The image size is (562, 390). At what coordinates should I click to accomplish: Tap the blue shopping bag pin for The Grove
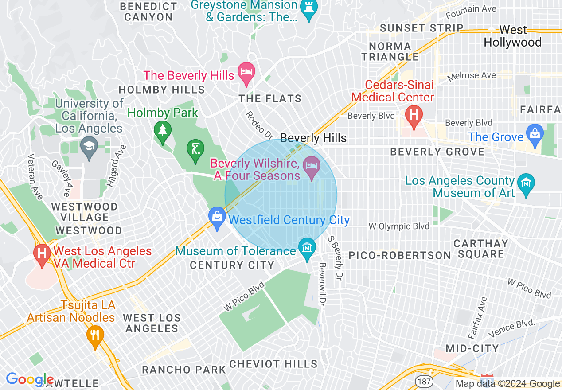point(535,134)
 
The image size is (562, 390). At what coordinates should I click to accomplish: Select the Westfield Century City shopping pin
point(217,218)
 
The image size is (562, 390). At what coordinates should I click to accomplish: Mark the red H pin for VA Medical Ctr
point(42,255)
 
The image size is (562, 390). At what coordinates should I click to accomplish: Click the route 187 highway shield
point(422,381)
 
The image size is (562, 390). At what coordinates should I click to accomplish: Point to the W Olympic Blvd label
point(399,226)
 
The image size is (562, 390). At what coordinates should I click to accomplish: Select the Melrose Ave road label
point(472,76)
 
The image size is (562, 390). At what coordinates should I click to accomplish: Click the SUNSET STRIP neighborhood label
point(421,28)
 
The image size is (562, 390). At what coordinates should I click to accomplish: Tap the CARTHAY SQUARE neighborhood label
point(481,249)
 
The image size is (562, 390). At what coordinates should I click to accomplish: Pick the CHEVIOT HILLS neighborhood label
point(273,364)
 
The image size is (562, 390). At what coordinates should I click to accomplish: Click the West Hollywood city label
point(512,36)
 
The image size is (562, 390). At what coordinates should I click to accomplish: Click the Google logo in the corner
point(29,379)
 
